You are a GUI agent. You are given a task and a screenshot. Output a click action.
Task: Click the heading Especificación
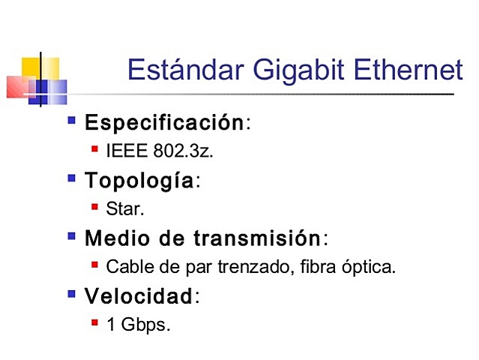pyautogui.click(x=164, y=123)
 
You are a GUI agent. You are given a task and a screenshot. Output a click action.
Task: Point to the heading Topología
pyautogui.click(x=140, y=181)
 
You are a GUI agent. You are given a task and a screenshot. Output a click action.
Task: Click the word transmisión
pyautogui.click(x=257, y=239)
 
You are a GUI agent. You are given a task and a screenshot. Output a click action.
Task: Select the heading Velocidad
pyautogui.click(x=139, y=297)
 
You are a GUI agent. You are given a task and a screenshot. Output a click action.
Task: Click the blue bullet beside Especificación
pyautogui.click(x=72, y=120)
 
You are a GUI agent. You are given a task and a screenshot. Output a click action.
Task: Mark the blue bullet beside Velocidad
pyautogui.click(x=72, y=294)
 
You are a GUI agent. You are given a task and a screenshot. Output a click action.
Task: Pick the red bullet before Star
pyautogui.click(x=95, y=206)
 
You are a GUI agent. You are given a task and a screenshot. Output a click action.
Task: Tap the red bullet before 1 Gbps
pyautogui.click(x=95, y=322)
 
